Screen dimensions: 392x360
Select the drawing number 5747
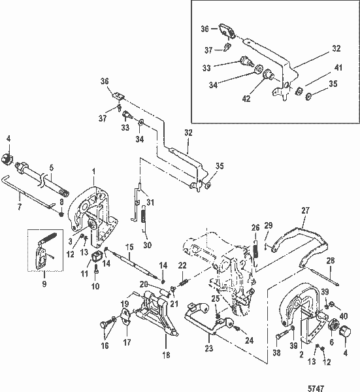coord(338,384)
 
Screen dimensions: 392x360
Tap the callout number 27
coord(304,211)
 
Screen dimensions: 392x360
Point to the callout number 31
coord(150,201)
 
